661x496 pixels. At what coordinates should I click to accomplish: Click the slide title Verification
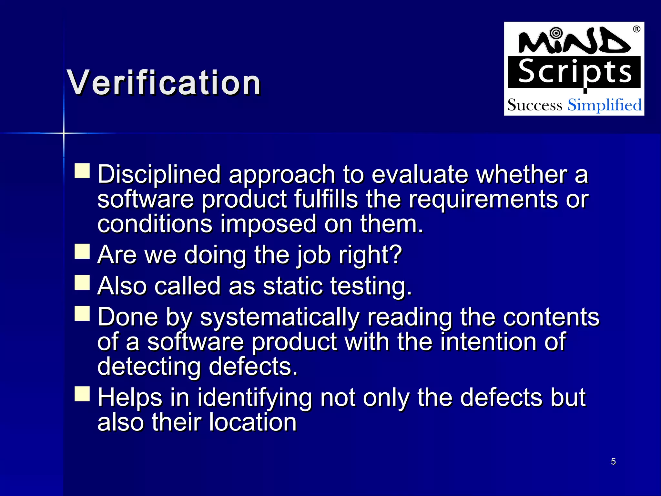164,83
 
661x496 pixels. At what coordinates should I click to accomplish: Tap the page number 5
613,461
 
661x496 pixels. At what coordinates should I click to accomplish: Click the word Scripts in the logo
575,72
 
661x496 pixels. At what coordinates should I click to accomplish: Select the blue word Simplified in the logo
605,105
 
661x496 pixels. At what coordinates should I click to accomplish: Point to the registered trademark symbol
636,29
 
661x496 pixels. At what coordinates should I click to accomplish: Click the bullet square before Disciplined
82,171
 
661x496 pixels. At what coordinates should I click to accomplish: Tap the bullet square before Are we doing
82,251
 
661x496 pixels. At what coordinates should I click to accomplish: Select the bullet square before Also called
82,283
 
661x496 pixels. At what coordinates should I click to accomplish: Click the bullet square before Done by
82,313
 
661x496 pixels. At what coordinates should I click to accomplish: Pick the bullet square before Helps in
82,394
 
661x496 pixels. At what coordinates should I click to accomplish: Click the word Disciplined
159,174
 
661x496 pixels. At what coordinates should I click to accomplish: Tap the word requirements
483,200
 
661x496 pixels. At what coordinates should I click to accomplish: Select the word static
293,286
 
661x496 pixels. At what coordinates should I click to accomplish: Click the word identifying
255,398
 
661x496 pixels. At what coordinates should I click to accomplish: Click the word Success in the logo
534,105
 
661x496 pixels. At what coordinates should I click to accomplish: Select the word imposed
268,225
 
